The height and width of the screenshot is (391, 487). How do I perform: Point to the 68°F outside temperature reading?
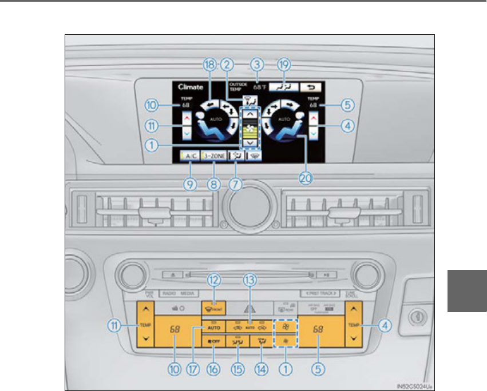pos(260,87)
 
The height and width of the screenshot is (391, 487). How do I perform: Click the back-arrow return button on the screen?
pos(312,87)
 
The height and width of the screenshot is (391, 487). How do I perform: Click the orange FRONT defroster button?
pos(215,308)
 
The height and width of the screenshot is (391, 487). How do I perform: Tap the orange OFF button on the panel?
pos(215,341)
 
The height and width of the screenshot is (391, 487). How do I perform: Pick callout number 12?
pos(215,280)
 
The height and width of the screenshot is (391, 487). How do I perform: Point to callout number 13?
pos(250,280)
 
